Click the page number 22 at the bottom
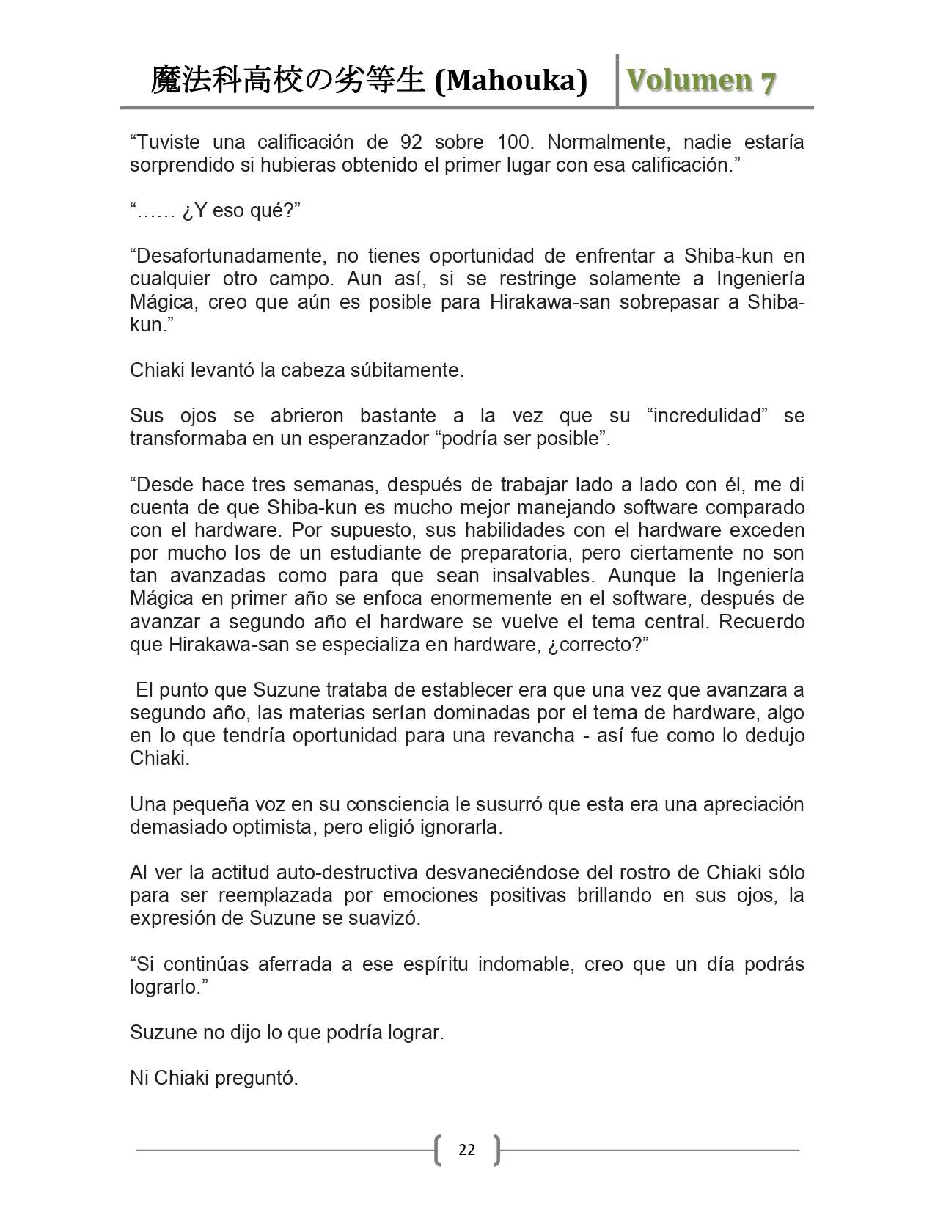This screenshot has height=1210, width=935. click(x=466, y=1149)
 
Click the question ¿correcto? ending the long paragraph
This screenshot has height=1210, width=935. click(x=599, y=645)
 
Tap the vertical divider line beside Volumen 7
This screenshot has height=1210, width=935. click(x=617, y=81)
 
